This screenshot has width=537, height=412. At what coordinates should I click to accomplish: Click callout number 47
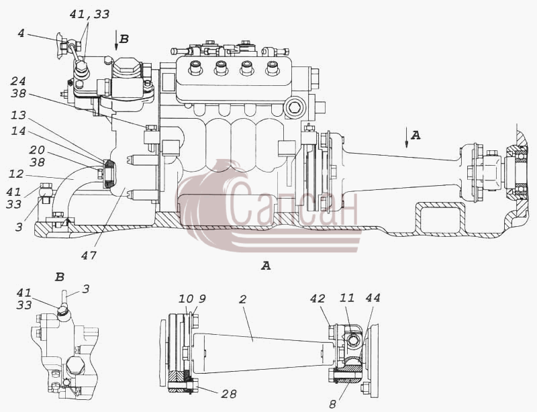89,256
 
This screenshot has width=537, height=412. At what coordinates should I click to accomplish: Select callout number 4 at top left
21,34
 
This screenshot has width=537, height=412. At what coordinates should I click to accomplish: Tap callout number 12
15,174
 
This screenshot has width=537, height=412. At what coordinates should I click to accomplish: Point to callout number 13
18,115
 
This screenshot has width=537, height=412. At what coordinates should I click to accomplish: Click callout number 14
18,131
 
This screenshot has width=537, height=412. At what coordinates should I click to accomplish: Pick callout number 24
18,81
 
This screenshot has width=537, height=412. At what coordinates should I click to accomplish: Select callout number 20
37,150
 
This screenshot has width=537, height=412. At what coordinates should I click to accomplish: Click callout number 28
229,394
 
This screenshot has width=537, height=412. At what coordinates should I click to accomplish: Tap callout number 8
332,405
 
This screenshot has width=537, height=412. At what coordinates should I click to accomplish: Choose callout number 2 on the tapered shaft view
242,300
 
